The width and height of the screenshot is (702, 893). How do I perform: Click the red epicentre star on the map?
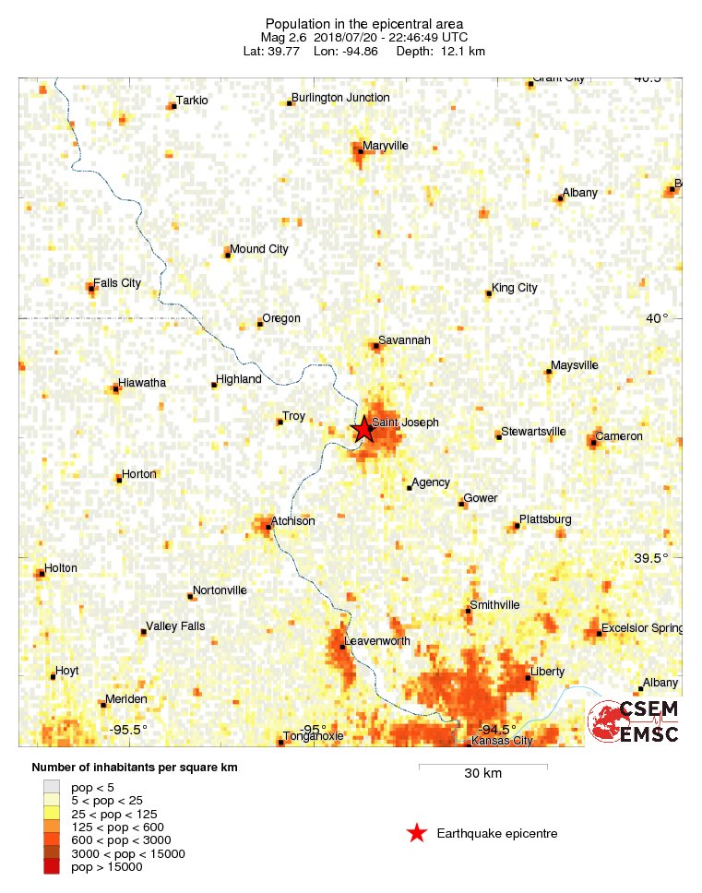[364, 429]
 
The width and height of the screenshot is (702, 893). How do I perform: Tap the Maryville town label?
[386, 146]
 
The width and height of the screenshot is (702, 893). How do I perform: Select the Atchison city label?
[293, 521]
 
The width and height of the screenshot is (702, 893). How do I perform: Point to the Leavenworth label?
[376, 641]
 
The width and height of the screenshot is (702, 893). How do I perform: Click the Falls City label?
[117, 283]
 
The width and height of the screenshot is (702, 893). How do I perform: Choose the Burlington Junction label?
[340, 98]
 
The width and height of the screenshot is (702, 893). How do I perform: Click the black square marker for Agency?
[409, 488]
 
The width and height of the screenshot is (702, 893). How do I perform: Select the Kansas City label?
[502, 741]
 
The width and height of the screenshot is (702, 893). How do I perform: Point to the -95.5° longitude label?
[128, 730]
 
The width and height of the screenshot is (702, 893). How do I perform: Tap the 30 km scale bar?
[482, 766]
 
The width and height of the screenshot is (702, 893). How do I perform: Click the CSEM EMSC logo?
[634, 721]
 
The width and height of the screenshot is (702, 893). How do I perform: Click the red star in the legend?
[417, 834]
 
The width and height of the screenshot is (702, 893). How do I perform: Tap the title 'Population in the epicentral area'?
[363, 23]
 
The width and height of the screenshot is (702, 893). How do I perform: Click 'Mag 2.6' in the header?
[283, 37]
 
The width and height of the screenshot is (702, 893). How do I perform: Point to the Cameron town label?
[619, 436]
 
